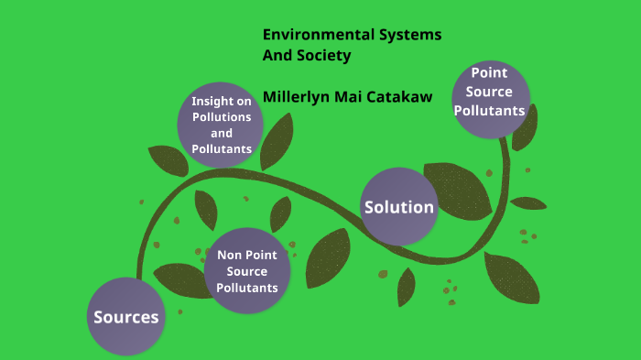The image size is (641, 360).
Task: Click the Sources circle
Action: (126, 317)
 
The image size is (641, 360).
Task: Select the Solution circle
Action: (399, 207)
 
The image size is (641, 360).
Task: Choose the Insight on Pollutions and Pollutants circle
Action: (222, 125)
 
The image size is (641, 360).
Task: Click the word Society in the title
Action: (324, 55)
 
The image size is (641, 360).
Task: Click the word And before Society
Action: (277, 55)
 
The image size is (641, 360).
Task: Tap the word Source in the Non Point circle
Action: (246, 271)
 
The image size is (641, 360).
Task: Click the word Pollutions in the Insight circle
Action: (222, 117)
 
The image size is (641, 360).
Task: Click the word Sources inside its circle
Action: (126, 317)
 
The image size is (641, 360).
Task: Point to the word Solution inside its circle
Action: (399, 207)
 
